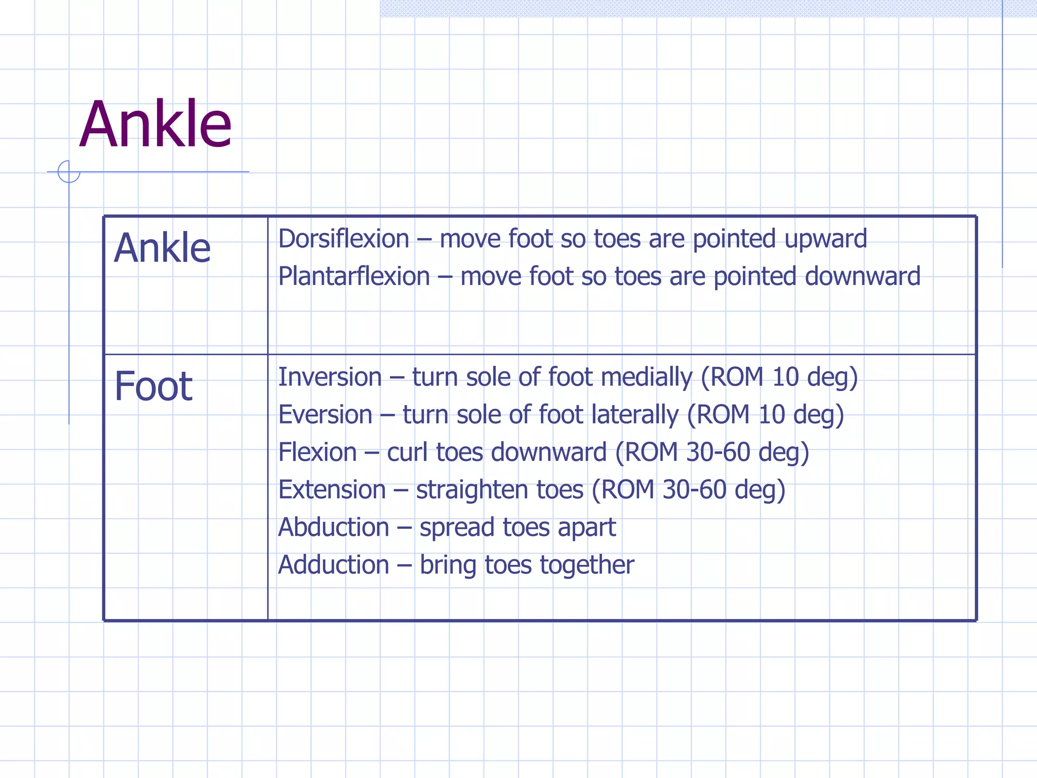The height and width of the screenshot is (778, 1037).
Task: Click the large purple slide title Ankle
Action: tap(155, 125)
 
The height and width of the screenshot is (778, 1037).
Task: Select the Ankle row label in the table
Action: tap(162, 248)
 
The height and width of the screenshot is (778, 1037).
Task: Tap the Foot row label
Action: tap(153, 386)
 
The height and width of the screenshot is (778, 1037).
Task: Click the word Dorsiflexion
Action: tap(344, 239)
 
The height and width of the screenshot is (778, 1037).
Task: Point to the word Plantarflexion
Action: tap(354, 277)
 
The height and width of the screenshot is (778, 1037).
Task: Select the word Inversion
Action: tap(330, 377)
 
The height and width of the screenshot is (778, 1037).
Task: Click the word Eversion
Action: tap(325, 415)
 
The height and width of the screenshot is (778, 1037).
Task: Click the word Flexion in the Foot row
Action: tap(317, 452)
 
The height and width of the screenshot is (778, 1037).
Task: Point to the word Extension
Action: tap(332, 490)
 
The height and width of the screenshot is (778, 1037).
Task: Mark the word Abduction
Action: tap(334, 527)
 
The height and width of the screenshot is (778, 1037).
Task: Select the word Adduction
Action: tap(334, 565)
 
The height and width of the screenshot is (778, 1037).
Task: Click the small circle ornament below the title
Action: tap(69, 172)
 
